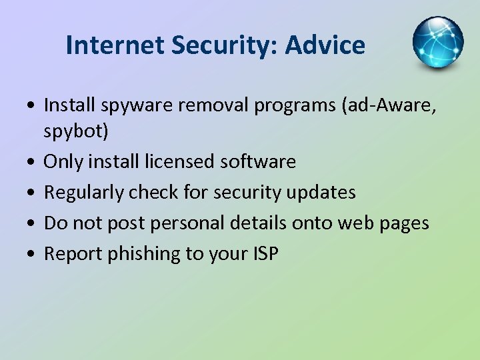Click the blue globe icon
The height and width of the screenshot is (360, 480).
click(437, 43)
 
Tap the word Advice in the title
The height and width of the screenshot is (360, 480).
click(325, 45)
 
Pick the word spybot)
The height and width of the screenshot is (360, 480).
click(75, 131)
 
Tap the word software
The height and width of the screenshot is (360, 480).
click(261, 161)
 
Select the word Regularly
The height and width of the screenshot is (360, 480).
click(83, 193)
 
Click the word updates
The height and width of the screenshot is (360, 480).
click(325, 193)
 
